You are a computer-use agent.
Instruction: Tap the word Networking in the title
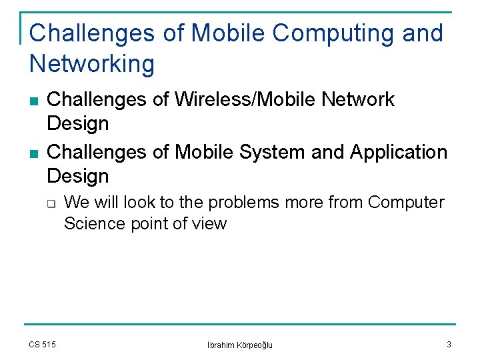92,65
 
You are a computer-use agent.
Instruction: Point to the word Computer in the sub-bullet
406,202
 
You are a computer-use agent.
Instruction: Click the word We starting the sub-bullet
76,202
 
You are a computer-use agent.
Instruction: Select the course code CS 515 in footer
43,344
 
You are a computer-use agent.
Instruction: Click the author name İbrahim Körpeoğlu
240,345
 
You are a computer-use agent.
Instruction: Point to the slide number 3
449,344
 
